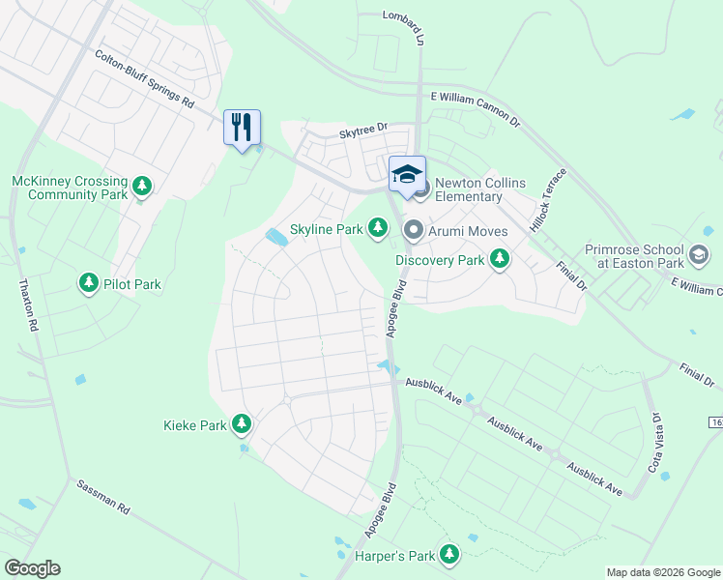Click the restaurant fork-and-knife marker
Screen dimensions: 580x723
tap(242, 128)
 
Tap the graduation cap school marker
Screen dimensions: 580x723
tap(407, 175)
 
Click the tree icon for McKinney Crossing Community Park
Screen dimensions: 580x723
tap(142, 185)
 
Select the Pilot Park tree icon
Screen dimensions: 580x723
tap(89, 282)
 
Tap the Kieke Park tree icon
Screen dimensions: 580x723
tap(241, 424)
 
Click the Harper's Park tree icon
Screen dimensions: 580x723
tap(448, 554)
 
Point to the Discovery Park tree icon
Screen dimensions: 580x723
tap(500, 258)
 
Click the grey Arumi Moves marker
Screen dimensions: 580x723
tap(413, 230)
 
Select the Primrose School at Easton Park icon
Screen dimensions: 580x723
tap(698, 255)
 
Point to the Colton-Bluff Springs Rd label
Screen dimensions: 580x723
tap(145, 80)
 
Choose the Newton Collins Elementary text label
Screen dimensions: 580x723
tap(469, 189)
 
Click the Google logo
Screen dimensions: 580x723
tap(32, 568)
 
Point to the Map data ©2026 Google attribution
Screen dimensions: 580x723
tap(662, 572)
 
